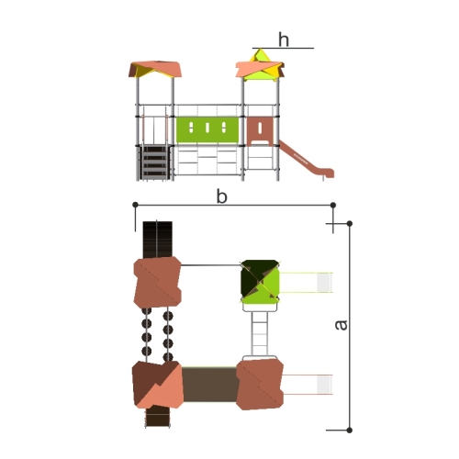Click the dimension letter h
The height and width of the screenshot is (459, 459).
[x=284, y=39]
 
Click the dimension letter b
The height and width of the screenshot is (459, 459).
[x=221, y=196]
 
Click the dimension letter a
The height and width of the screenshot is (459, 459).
[x=341, y=325]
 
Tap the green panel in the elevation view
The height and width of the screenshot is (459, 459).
[x=207, y=129]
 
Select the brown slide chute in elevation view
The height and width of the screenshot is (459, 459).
[x=306, y=160]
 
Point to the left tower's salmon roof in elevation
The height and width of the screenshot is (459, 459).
[x=155, y=69]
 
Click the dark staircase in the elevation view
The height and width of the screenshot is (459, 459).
[x=154, y=162]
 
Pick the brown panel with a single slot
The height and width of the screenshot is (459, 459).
[x=260, y=131]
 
